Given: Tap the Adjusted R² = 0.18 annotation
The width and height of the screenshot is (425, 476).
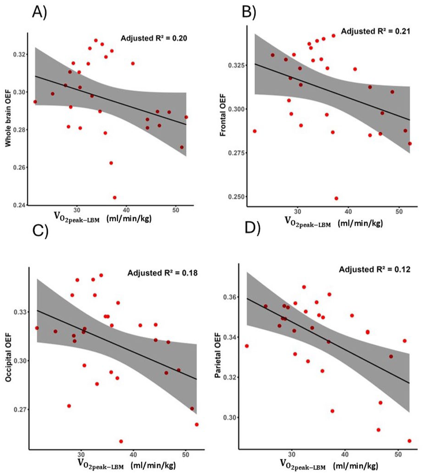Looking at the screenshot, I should coord(163,273).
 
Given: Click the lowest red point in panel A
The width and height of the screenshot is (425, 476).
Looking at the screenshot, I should coord(115,197).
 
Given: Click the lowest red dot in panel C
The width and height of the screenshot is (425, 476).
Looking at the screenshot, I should coord(121,441).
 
